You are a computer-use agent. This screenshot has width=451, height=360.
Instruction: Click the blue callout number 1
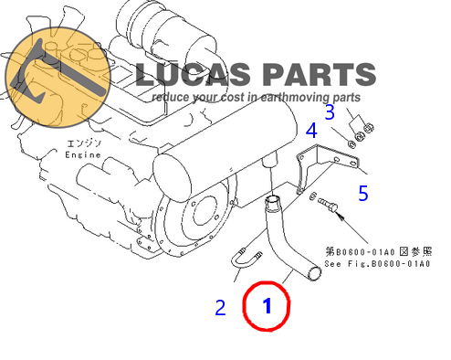coord(267,306)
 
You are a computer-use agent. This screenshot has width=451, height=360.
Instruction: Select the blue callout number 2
coord(220,308)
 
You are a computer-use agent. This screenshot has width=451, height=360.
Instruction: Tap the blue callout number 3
coord(330,111)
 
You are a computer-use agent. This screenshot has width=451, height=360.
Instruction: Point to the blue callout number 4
coord(311,131)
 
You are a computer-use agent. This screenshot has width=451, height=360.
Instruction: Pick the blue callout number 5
coord(363,193)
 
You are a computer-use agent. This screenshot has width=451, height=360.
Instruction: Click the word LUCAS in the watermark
coord(193,74)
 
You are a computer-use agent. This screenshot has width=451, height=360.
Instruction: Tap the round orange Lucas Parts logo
coord(58,77)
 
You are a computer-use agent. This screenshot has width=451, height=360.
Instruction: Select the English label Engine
coord(83,154)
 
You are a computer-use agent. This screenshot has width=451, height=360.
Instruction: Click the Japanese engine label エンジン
coord(84,143)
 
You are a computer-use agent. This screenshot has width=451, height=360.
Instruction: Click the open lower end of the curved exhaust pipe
coord(314,273)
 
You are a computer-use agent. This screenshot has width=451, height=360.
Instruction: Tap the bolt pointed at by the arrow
coord(328,205)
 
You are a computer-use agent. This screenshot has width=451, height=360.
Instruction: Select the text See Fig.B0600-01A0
coord(377,264)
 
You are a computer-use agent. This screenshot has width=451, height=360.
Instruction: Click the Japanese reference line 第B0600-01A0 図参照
coord(379,251)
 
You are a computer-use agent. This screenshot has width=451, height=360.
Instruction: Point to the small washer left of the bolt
coord(312,196)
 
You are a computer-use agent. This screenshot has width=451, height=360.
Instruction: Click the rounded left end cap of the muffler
coord(172,177)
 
